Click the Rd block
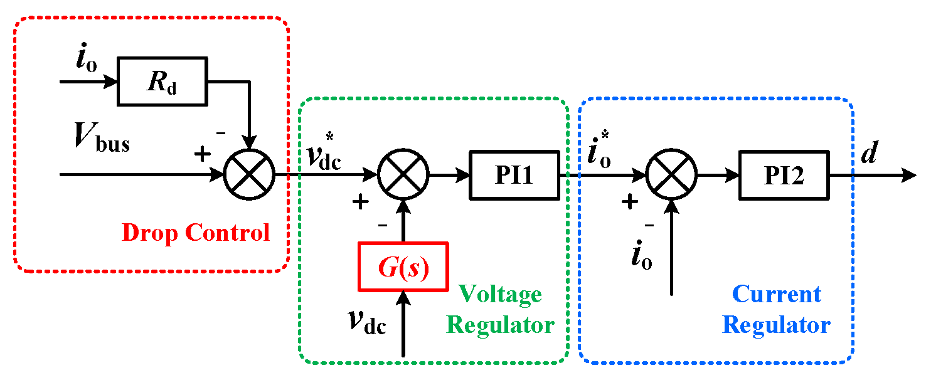click(162, 82)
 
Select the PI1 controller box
click(514, 175)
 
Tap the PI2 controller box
click(784, 175)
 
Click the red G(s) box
click(403, 267)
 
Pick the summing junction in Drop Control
click(249, 175)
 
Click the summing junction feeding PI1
click(403, 175)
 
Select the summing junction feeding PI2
click(672, 175)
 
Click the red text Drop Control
click(195, 233)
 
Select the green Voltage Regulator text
click(500, 310)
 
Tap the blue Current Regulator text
click(776, 310)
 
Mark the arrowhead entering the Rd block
click(112, 82)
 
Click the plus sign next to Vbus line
click(201, 154)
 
